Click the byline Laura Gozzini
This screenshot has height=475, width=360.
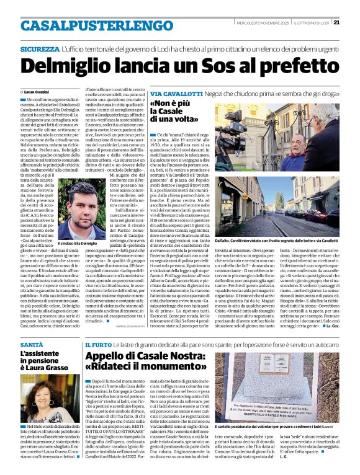tap(39, 91)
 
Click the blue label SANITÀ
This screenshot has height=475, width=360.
tap(32, 343)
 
